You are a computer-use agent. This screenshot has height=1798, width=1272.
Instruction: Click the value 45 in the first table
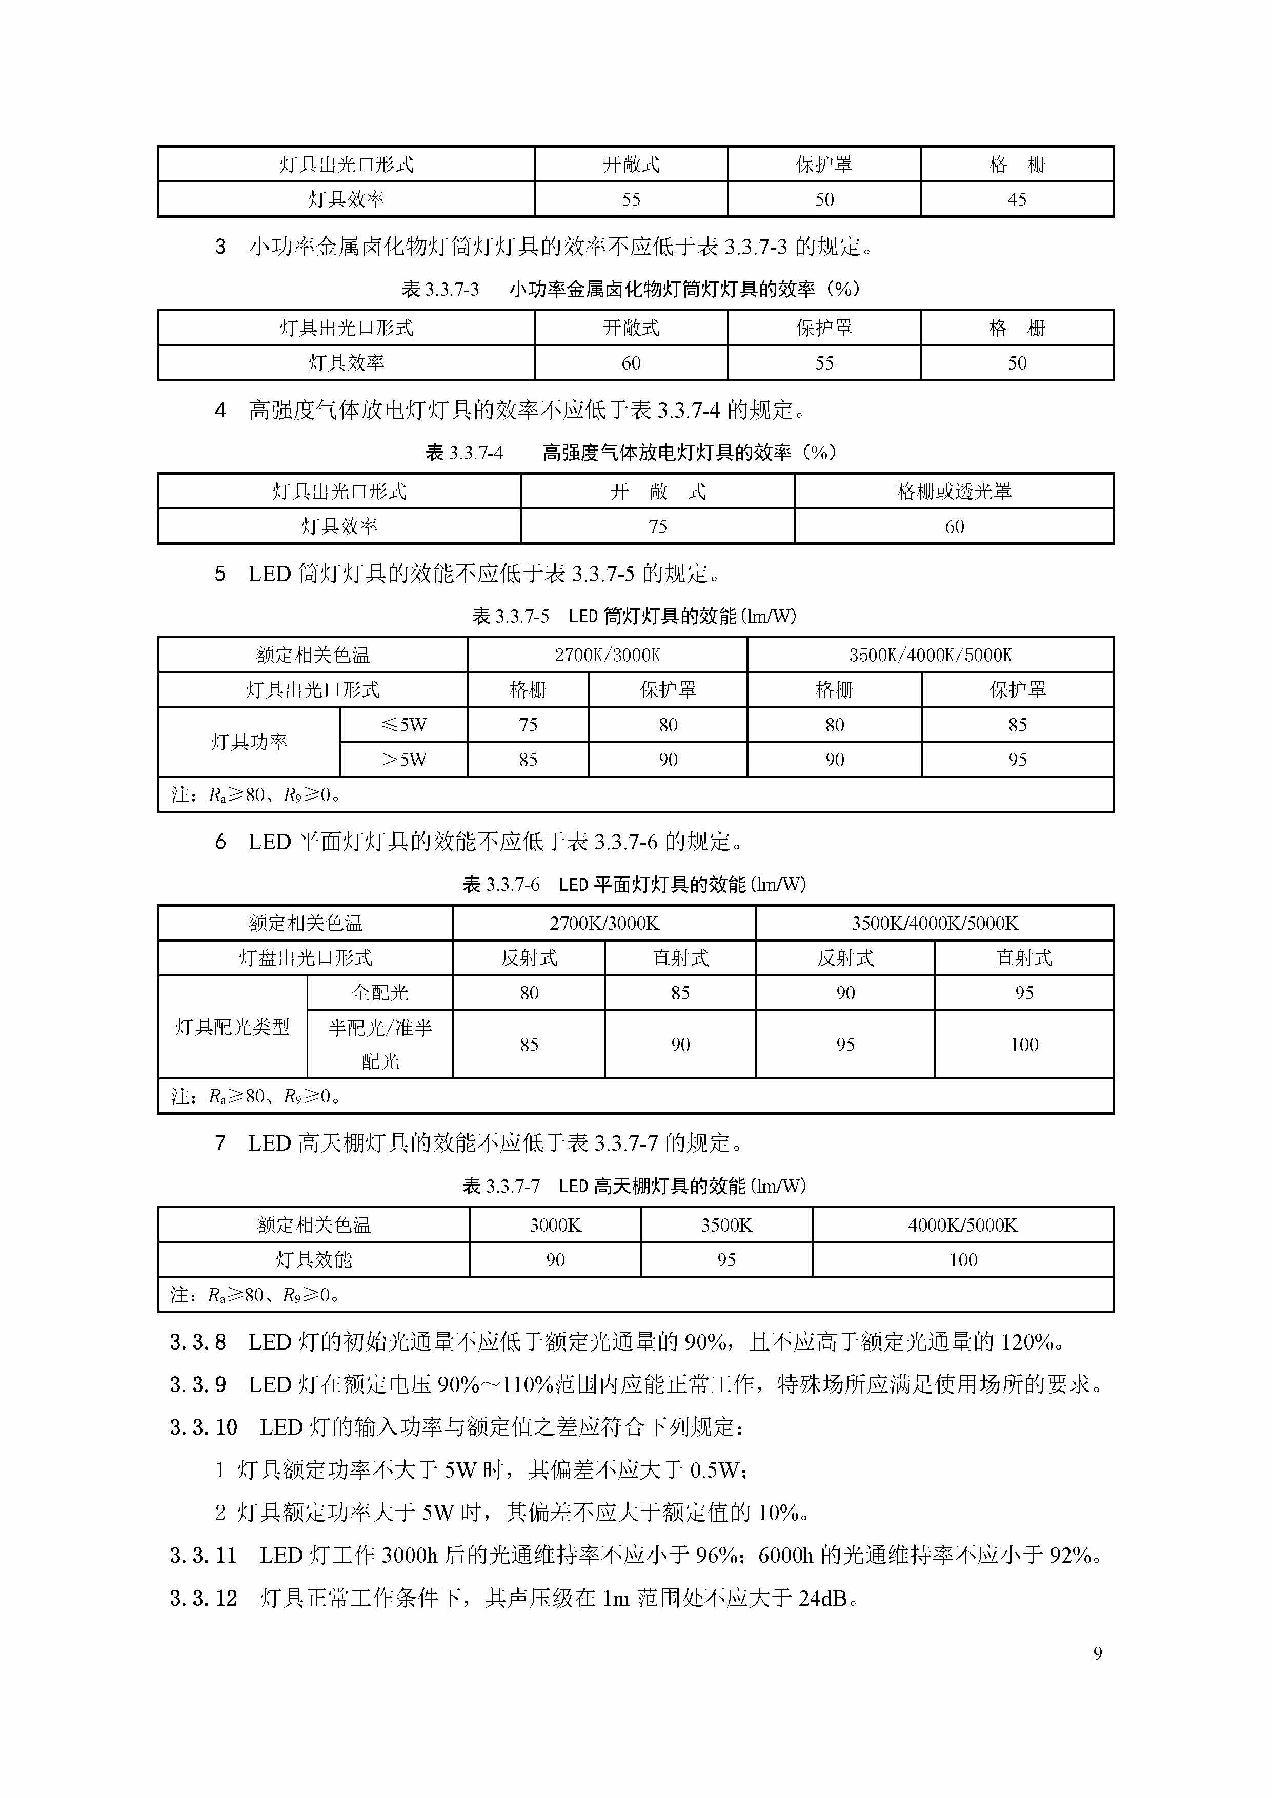(x=1017, y=200)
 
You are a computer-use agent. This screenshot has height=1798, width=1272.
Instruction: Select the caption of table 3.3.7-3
(x=631, y=289)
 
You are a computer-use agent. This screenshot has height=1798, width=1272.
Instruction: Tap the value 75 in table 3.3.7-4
(x=657, y=526)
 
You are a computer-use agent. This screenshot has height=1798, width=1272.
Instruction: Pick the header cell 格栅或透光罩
(x=954, y=491)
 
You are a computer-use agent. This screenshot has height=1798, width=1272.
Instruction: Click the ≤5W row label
(x=403, y=724)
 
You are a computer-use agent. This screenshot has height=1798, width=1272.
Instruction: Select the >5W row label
(x=403, y=760)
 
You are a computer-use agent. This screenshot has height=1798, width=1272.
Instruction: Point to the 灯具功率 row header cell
(x=249, y=742)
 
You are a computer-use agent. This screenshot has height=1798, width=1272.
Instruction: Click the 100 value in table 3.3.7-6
(x=1024, y=1045)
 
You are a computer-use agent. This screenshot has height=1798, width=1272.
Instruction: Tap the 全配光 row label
(x=380, y=993)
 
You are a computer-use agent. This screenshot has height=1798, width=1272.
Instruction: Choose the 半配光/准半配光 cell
(x=380, y=1045)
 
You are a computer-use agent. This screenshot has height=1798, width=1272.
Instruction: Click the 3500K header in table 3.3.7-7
(x=726, y=1225)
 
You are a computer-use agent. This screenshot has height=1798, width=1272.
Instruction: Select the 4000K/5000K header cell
(x=963, y=1225)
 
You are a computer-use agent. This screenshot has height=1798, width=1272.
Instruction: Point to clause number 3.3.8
(x=198, y=1342)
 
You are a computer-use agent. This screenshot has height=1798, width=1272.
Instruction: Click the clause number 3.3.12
(x=204, y=1598)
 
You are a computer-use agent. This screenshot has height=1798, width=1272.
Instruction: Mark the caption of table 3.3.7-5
(x=634, y=616)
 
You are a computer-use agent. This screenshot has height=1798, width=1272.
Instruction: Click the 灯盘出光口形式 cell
(x=306, y=958)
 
